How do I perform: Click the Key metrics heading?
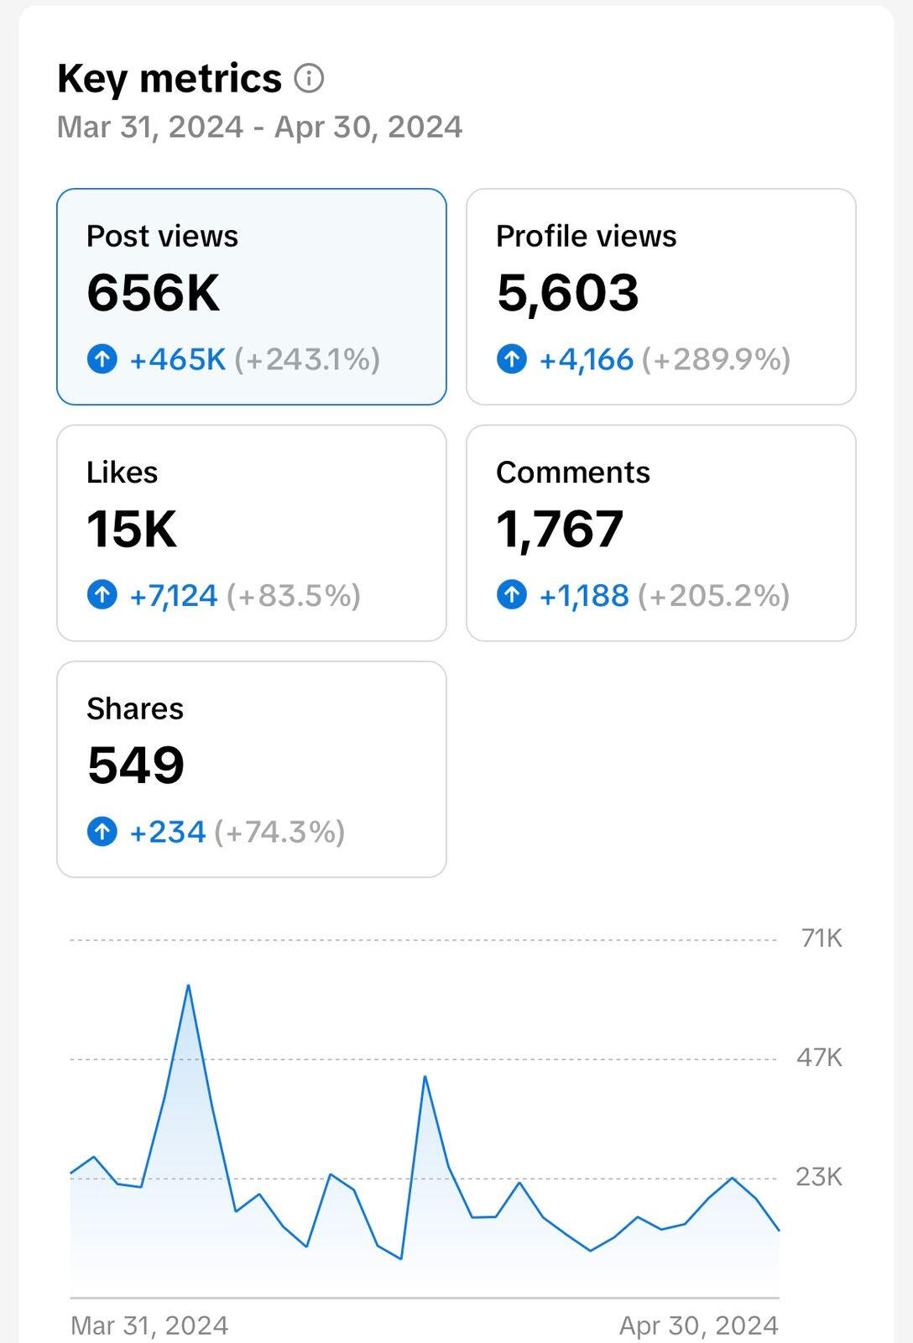pyautogui.click(x=169, y=79)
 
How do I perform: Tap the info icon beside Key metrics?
pyautogui.click(x=309, y=79)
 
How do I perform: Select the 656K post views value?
pyautogui.click(x=154, y=293)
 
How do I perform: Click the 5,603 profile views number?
pyautogui.click(x=567, y=293)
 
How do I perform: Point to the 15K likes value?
pyautogui.click(x=132, y=530)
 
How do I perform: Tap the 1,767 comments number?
pyautogui.click(x=560, y=530)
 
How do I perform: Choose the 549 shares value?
pyautogui.click(x=136, y=766)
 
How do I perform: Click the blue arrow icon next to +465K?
pyautogui.click(x=102, y=359)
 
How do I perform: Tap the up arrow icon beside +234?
pyautogui.click(x=102, y=832)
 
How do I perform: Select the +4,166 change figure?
pyautogui.click(x=586, y=359)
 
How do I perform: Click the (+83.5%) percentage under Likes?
pyautogui.click(x=294, y=596)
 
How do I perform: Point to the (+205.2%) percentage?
pyautogui.click(x=714, y=596)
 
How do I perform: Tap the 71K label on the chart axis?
pyautogui.click(x=821, y=938)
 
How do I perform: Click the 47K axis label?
pyautogui.click(x=819, y=1058)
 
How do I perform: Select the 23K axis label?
pyautogui.click(x=819, y=1177)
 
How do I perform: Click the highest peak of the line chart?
pyautogui.click(x=188, y=985)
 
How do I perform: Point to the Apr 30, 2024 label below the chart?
pyautogui.click(x=698, y=1325)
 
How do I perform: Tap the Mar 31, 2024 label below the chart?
pyautogui.click(x=149, y=1325)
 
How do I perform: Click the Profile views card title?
pyautogui.click(x=586, y=237)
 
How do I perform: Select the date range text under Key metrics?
pyautogui.click(x=259, y=128)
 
